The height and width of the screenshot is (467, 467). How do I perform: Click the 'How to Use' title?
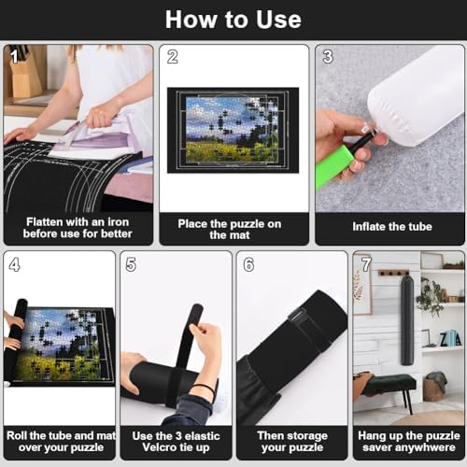coord(233,20)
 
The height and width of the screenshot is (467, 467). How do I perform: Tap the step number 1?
coord(14,57)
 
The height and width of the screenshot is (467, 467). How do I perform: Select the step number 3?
coord(328,57)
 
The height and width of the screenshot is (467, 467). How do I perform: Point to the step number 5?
coord(131,264)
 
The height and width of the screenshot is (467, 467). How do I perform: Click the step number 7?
coord(366,264)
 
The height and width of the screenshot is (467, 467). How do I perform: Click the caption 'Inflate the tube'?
coord(392,226)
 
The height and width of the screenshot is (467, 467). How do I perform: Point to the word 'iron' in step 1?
coord(118,222)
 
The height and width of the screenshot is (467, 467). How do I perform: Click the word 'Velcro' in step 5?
coord(160,447)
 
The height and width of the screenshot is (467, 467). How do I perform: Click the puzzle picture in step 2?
coord(232,129)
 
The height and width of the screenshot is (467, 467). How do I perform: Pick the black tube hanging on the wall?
coord(407,319)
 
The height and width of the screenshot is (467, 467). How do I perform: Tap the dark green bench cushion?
coord(389,382)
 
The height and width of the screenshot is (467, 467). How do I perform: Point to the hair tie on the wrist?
coord(205,389)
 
